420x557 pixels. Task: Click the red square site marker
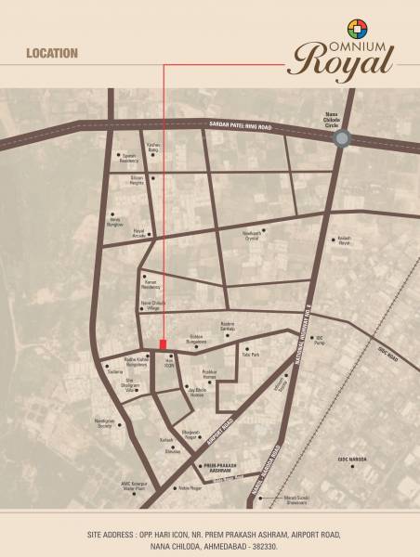point(164,344)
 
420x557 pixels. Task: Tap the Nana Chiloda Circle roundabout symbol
point(342,138)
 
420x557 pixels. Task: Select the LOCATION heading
point(52,54)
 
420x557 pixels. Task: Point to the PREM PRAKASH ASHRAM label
point(215,468)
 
